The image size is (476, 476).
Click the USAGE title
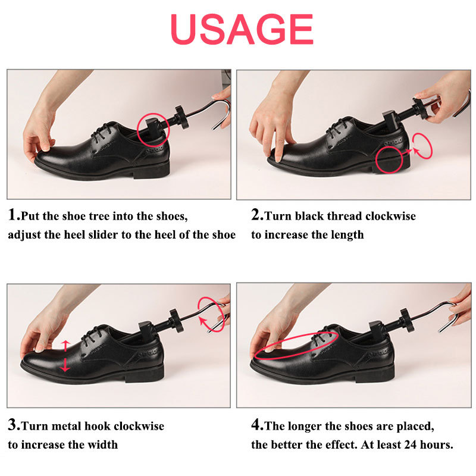click(x=242, y=28)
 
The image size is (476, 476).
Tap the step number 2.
click(x=256, y=215)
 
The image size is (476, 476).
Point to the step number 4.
click(x=256, y=425)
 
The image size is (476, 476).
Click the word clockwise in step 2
click(x=390, y=216)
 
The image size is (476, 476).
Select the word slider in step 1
click(x=107, y=234)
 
